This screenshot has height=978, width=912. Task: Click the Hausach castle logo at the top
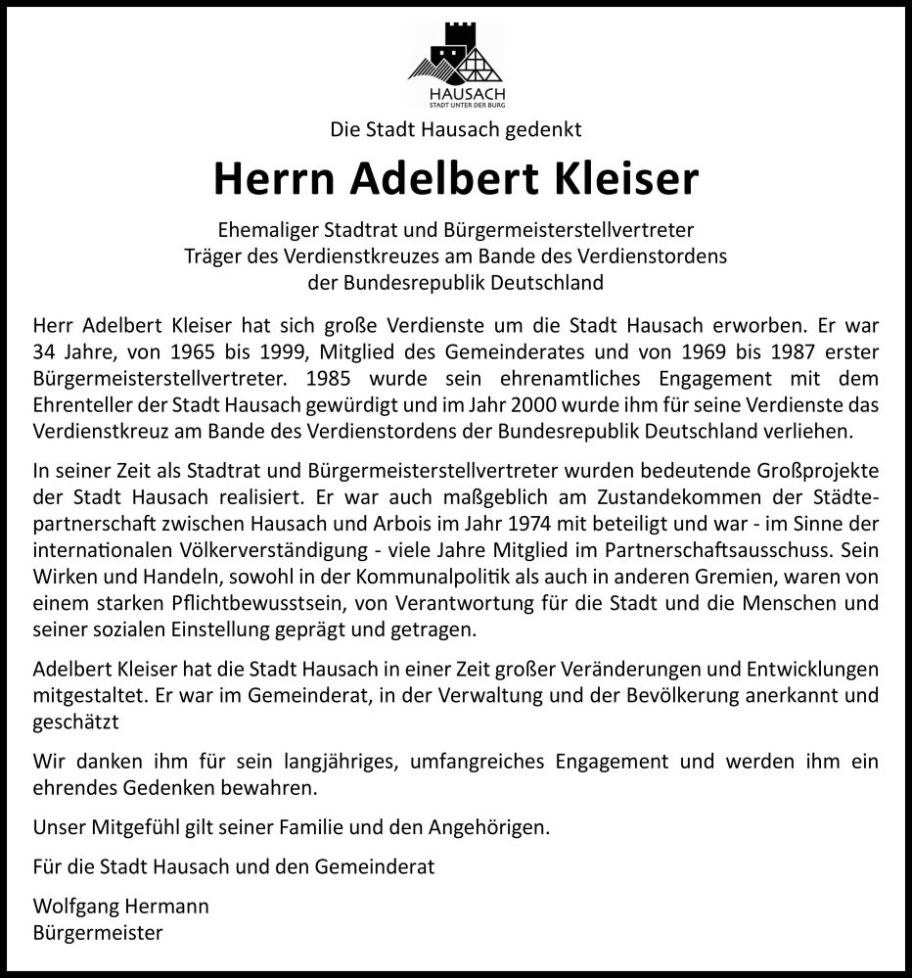456,64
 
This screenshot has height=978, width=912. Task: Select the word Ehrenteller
80,403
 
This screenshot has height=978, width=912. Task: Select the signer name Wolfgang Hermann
120,907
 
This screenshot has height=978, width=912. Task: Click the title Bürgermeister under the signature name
97,933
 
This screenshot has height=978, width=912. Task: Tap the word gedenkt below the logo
544,127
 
